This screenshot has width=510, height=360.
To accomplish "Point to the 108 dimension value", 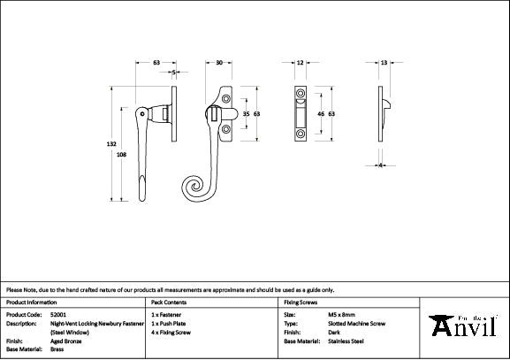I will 121,154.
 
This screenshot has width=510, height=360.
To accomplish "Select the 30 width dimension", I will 218,63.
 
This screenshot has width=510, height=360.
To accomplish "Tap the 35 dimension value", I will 246,114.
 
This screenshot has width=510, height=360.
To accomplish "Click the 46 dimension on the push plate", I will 319,114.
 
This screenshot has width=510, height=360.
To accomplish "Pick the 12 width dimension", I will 301,63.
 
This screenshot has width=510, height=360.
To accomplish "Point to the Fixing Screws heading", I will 301,302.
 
